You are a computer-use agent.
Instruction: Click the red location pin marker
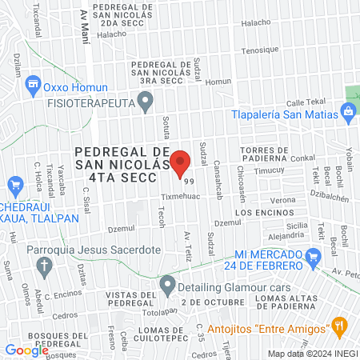pos(181,163)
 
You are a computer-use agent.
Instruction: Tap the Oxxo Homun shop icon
pos(33,83)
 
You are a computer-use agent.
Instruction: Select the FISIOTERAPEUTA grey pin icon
pos(145,101)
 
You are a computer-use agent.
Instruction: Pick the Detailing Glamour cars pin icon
pos(167,283)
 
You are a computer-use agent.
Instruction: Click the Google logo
pos(26,350)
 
